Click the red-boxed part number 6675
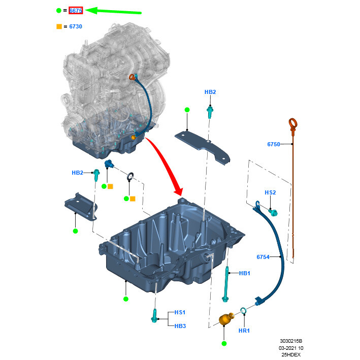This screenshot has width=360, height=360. (x=76, y=10)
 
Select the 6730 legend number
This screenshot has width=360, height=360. (x=75, y=26)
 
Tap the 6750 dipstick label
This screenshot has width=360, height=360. (x=274, y=144)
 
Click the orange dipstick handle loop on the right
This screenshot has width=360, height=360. (x=293, y=123)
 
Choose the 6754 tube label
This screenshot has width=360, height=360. (x=263, y=257)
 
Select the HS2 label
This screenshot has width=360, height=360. (x=270, y=192)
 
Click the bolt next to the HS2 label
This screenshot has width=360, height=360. (x=274, y=212)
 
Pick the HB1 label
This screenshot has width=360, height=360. (x=245, y=273)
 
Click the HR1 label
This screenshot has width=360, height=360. (x=244, y=331)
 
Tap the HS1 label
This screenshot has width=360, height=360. (x=180, y=312)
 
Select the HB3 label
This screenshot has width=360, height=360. (x=180, y=326)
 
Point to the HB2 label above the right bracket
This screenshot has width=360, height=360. (x=210, y=92)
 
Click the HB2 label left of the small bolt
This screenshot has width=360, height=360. (x=77, y=173)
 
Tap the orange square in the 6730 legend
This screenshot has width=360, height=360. (x=59, y=26)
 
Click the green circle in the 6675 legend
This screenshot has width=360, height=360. (x=59, y=10)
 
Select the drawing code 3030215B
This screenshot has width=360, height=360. (x=294, y=341)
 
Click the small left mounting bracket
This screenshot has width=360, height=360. (x=80, y=207)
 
